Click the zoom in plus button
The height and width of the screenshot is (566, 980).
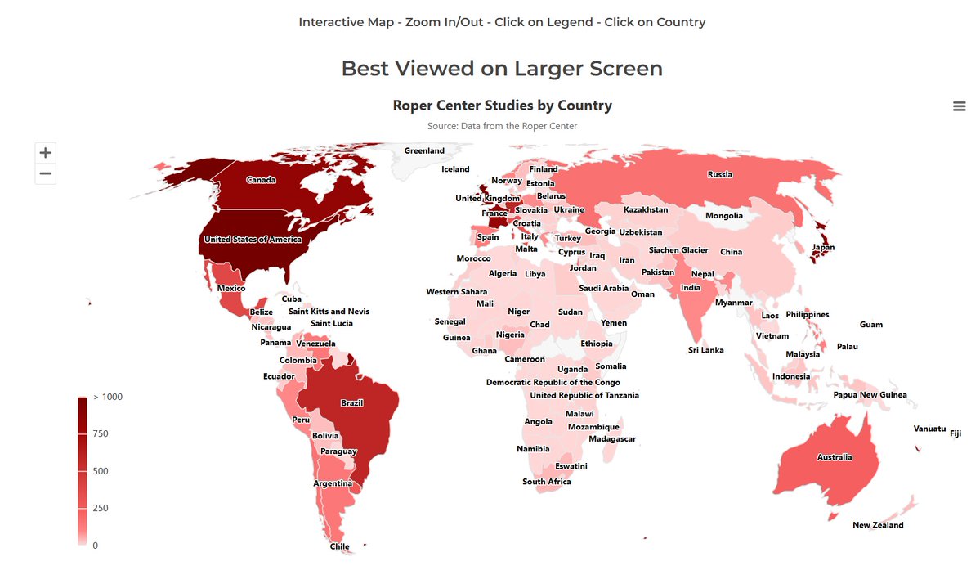point(46,152)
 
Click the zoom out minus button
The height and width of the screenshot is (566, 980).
point(46,173)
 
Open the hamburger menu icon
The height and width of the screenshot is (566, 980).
point(960,106)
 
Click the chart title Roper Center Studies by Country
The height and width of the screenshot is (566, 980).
point(502,106)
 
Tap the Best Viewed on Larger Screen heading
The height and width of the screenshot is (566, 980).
point(502,69)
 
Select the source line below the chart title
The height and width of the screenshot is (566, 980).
point(502,126)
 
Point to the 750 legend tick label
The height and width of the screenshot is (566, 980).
point(101,433)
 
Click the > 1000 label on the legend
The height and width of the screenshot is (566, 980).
point(107,397)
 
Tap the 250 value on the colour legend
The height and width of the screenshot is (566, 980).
point(101,508)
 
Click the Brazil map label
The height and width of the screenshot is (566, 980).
point(351,403)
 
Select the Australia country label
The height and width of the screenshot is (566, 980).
point(834,457)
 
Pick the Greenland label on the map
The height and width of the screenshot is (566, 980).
point(424,150)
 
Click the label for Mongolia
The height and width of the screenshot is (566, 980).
point(724,216)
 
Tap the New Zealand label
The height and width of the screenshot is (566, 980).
point(878,525)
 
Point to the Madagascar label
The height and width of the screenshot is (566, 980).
point(612,439)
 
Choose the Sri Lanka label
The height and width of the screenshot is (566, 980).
point(705,350)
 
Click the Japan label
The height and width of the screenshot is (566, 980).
point(822,248)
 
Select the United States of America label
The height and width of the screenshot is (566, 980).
point(253,240)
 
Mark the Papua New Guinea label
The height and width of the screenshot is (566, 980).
point(870,395)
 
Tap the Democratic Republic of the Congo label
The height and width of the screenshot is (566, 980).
point(553,382)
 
